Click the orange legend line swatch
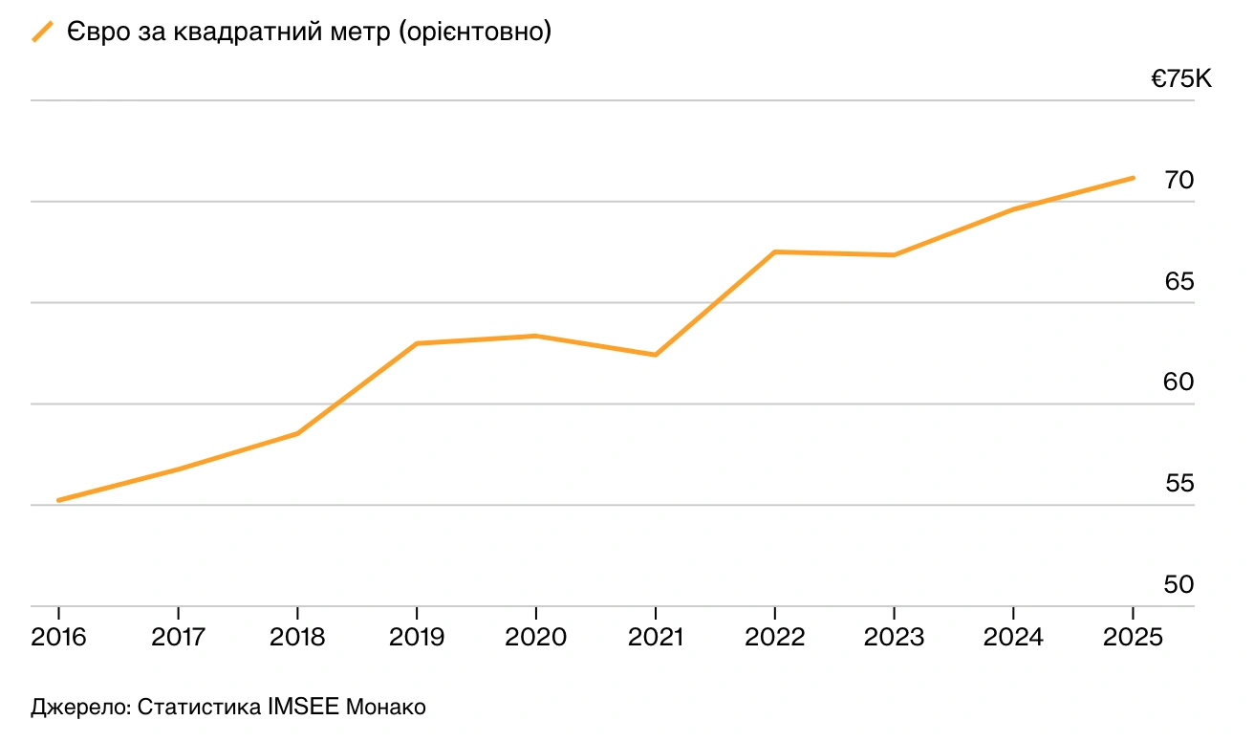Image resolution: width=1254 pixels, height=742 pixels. [x=43, y=33]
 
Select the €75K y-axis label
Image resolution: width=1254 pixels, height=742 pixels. [x=1180, y=80]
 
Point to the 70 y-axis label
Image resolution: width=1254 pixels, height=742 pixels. [x=1179, y=180]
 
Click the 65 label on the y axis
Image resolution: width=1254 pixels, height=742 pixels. [x=1179, y=281]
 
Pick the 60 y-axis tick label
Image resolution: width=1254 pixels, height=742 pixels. [x=1179, y=382]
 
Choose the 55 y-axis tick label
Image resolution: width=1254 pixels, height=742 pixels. [x=1179, y=484]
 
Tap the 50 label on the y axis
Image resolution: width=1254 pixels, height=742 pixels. [x=1179, y=584]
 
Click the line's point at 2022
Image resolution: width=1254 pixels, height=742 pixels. [x=774, y=251]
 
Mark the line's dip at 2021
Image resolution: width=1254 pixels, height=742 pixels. [x=656, y=355]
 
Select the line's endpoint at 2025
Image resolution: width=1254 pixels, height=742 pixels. [x=1133, y=178]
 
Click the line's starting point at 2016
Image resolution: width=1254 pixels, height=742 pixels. [x=59, y=500]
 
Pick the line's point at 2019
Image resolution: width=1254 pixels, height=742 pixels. [x=417, y=343]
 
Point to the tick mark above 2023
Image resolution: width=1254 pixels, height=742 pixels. [x=894, y=612]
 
